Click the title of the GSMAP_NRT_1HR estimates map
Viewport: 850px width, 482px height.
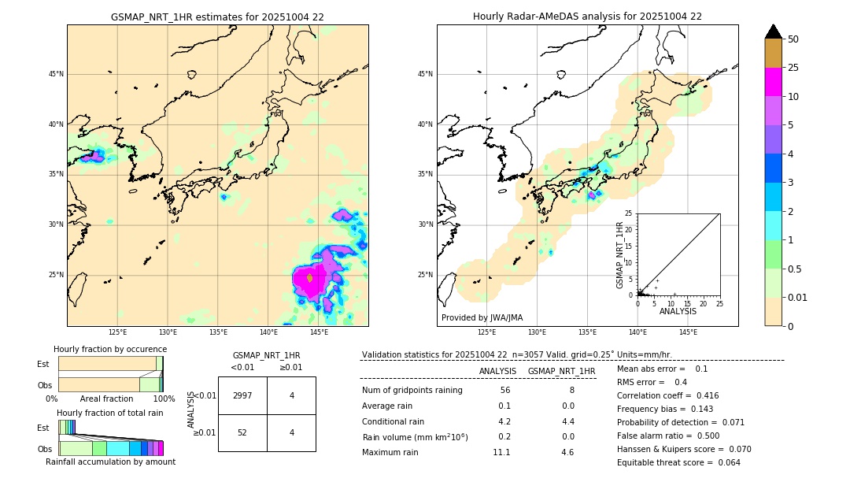point(217,17)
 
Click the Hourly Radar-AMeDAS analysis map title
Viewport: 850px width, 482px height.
point(587,17)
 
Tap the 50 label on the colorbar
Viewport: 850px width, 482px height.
point(793,39)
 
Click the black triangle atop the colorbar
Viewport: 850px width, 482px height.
point(774,32)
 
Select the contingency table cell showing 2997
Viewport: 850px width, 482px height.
point(242,395)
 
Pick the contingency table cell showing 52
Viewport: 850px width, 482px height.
point(242,432)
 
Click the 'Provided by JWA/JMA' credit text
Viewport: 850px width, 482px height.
point(482,317)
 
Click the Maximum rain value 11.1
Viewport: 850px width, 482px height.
point(501,452)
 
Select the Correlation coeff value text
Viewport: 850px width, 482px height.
point(667,395)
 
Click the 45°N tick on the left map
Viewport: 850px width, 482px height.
point(56,74)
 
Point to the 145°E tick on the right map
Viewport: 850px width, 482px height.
point(688,332)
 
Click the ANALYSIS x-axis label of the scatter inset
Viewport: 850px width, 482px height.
point(678,311)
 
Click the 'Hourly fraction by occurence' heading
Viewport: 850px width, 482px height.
point(110,349)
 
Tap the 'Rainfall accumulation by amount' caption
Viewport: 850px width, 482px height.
point(110,462)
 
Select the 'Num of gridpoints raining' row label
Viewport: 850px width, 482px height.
point(412,390)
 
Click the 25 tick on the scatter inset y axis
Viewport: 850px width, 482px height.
point(629,213)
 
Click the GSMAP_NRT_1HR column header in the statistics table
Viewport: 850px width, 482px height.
point(561,371)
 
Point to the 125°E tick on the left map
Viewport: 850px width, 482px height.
point(117,332)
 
